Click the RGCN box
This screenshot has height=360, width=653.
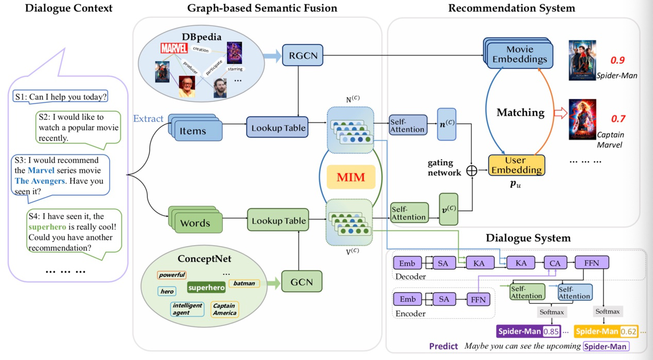click(303, 55)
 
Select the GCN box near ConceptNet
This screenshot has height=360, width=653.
click(302, 282)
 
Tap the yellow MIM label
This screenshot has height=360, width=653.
click(350, 178)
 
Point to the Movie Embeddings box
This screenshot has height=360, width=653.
click(520, 54)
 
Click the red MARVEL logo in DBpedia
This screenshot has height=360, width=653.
click(174, 48)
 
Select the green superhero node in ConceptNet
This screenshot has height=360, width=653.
click(206, 287)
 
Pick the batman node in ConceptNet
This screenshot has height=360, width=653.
click(244, 283)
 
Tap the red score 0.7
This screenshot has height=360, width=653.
click(618, 119)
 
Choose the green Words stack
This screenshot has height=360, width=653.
click(195, 222)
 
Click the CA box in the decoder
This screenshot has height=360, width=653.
click(555, 263)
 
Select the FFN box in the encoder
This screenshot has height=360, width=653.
click(478, 300)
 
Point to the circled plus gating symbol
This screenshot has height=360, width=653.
click(472, 170)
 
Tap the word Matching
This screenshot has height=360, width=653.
click(521, 112)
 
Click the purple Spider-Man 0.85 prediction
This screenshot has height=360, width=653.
click(529, 332)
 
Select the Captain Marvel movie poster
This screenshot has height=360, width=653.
click(582, 119)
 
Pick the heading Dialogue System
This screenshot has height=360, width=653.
click(528, 238)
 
